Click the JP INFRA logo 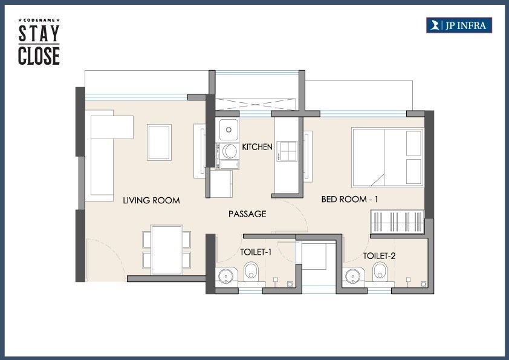459,25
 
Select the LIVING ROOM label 151,200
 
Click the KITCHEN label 258,147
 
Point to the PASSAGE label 247,214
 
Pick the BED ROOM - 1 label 350,199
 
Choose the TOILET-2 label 379,256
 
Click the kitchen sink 228,129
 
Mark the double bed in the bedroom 387,157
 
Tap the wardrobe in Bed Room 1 397,221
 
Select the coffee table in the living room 159,142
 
